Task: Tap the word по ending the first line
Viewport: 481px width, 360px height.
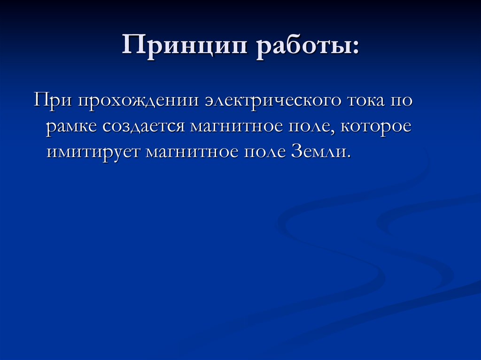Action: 402,102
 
